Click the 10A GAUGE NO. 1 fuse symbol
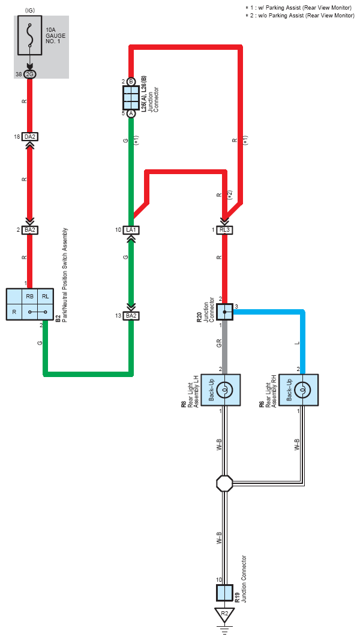point(30,36)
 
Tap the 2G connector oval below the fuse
point(30,74)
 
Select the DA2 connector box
point(30,137)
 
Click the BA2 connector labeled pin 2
point(30,230)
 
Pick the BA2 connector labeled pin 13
point(131,315)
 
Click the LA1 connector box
point(131,230)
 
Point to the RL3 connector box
point(224,230)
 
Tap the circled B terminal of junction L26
point(131,81)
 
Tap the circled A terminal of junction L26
point(131,113)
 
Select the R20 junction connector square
point(224,312)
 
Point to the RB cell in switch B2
point(30,297)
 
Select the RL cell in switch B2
point(45,297)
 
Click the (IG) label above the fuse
point(30,10)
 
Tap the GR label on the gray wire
point(219,344)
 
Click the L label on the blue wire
point(297,343)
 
